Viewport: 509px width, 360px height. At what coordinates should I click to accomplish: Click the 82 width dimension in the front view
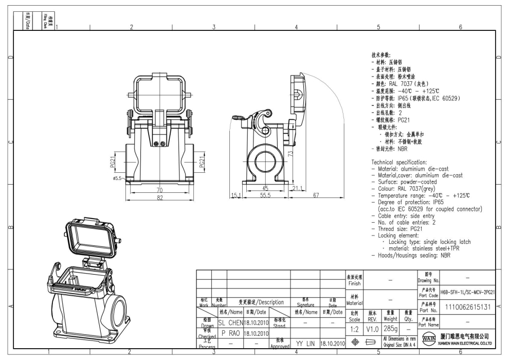pyautogui.click(x=159, y=197)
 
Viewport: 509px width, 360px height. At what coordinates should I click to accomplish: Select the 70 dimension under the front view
pyautogui.click(x=159, y=190)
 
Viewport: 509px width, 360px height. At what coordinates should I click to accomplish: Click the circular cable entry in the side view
pyautogui.click(x=265, y=161)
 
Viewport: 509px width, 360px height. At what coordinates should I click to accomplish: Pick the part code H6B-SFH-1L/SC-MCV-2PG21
pyautogui.click(x=468, y=292)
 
